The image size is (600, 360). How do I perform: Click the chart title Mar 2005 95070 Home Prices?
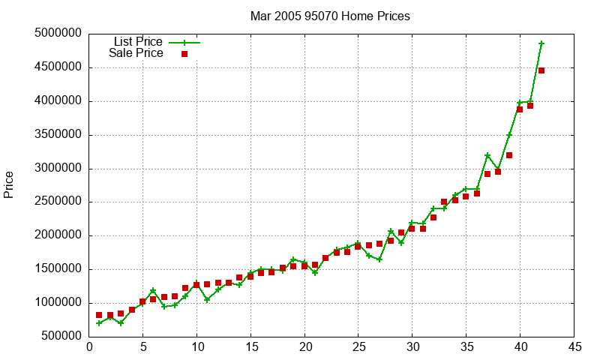(330, 16)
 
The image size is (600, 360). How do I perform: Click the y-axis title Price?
(9, 184)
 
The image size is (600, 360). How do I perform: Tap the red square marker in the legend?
(184, 54)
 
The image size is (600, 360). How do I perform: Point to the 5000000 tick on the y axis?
(58, 34)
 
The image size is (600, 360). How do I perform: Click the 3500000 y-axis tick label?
(58, 135)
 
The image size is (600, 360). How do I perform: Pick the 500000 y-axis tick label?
(61, 337)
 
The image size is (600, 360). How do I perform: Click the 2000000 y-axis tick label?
(58, 235)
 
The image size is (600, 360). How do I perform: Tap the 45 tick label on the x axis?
(574, 346)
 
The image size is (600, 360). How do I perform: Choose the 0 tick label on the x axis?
(89, 346)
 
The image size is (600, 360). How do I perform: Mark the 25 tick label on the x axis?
(358, 346)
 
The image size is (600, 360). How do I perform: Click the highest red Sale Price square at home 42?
(541, 70)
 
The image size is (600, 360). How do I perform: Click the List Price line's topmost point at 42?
(541, 43)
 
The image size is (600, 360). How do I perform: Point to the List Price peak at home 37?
(487, 155)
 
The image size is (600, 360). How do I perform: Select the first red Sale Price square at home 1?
(99, 316)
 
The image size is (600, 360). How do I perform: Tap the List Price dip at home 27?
(379, 259)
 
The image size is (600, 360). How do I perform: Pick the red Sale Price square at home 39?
(509, 155)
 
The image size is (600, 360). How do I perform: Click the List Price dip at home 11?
(207, 299)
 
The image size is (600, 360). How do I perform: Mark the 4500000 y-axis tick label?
(58, 67)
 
